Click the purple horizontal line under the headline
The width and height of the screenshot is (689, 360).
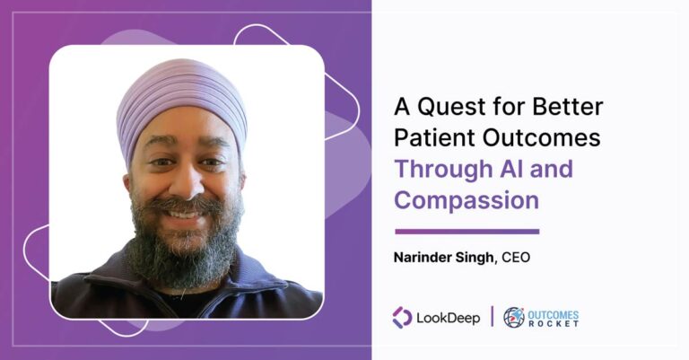[467, 231]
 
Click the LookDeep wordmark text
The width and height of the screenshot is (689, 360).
[449, 317]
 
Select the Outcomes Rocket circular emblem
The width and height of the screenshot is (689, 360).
[513, 317]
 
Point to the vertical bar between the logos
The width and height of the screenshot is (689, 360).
[492, 317]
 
